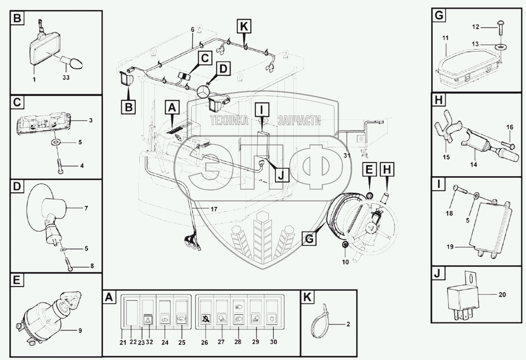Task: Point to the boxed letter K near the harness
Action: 243,27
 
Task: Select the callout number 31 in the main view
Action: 346,155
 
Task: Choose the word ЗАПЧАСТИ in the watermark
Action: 299,121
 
